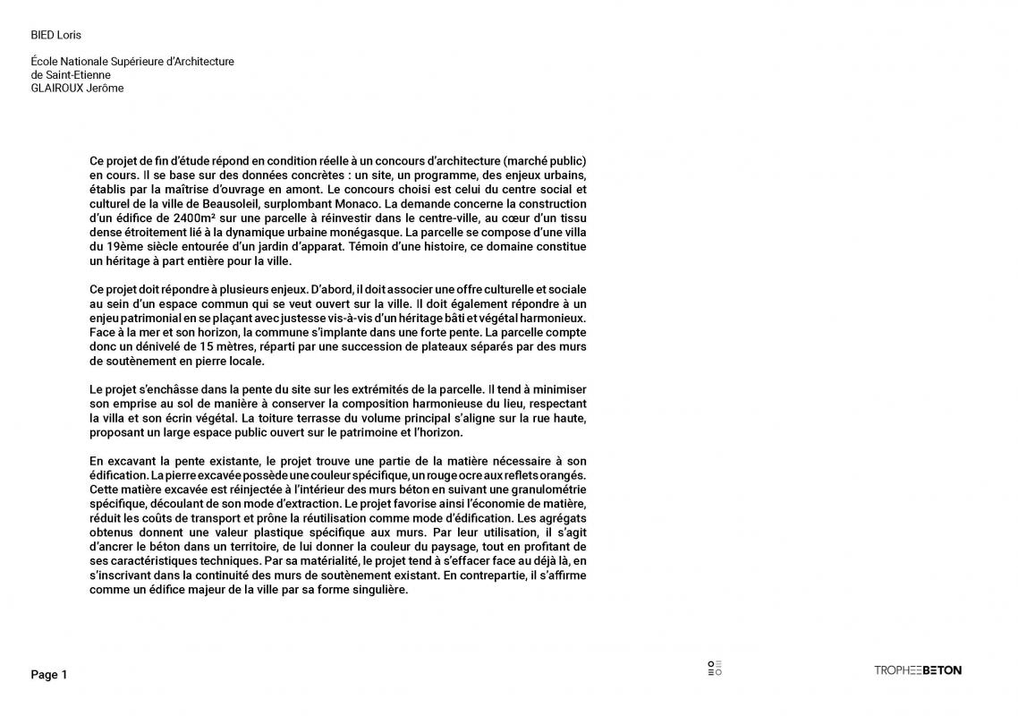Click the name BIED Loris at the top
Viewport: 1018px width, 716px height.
56,36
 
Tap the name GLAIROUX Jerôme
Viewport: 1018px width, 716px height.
78,89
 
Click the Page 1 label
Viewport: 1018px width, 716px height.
49,675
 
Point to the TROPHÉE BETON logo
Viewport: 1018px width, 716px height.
917,670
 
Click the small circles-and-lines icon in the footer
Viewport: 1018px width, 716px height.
714,669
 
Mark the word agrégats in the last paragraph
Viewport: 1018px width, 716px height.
561,518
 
